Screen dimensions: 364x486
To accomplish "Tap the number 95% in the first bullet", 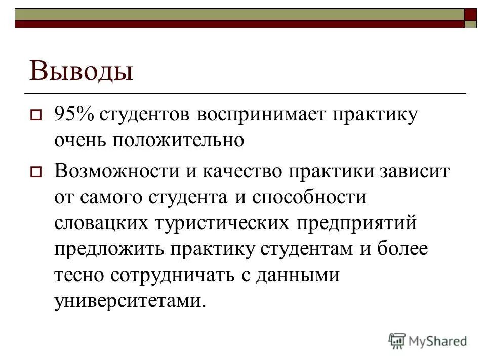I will click(x=73, y=114).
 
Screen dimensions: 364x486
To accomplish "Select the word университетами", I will click(x=129, y=302).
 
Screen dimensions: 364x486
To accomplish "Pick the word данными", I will click(x=297, y=276).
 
